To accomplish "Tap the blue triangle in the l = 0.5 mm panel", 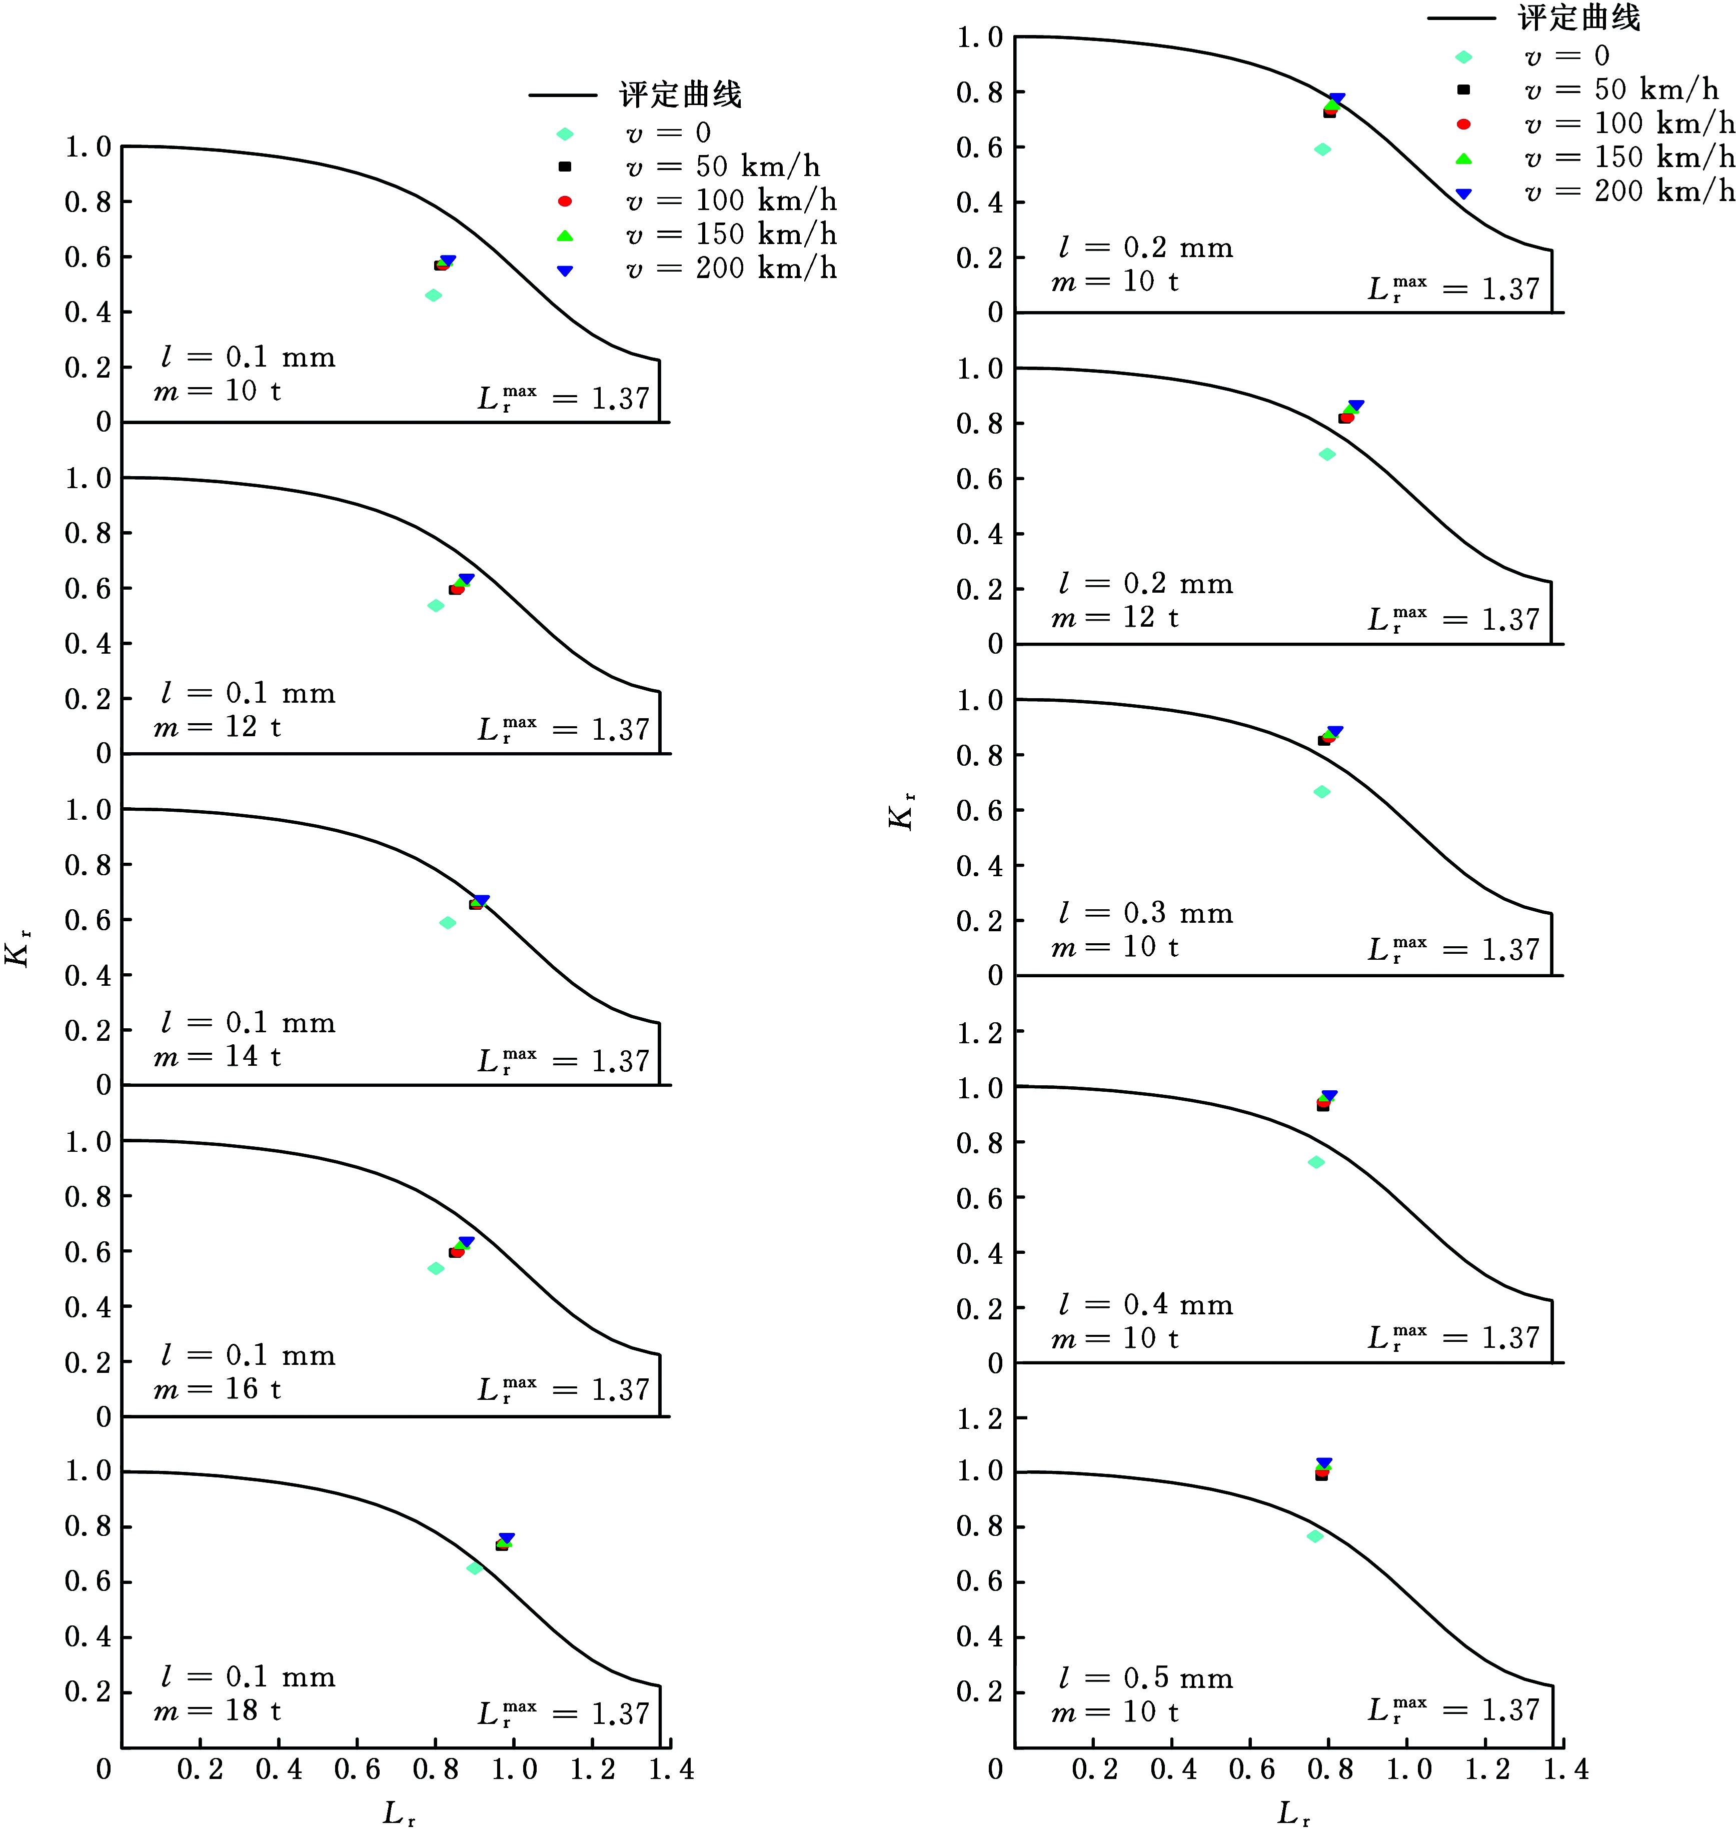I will point(1324,1463).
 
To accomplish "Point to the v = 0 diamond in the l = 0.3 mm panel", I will point(1321,792).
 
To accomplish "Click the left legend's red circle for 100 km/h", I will point(565,201).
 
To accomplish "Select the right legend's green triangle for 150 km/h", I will point(1463,158).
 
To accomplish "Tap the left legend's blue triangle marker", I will point(565,270).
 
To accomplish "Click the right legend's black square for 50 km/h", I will point(1463,90).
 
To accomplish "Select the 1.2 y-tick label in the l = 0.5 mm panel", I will point(979,1417).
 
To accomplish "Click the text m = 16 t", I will point(218,1389).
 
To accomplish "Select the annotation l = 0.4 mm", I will point(1146,1305).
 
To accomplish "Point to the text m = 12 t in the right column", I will point(1115,617).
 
